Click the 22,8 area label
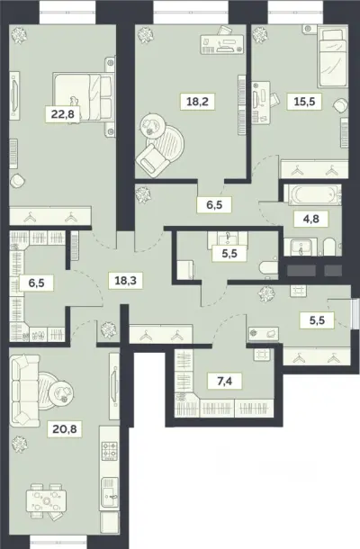click(x=63, y=113)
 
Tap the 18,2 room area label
click(x=197, y=102)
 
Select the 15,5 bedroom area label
click(x=304, y=102)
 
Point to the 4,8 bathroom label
click(x=310, y=219)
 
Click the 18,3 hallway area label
click(x=126, y=280)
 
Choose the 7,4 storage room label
click(x=224, y=380)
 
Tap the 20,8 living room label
click(x=65, y=428)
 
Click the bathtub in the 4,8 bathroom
click(x=312, y=194)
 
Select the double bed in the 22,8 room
click(x=83, y=97)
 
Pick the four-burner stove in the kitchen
click(x=109, y=450)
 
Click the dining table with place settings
click(x=46, y=501)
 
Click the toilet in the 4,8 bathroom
click(x=329, y=247)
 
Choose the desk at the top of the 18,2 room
click(x=222, y=44)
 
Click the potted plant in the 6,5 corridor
click(x=143, y=194)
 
